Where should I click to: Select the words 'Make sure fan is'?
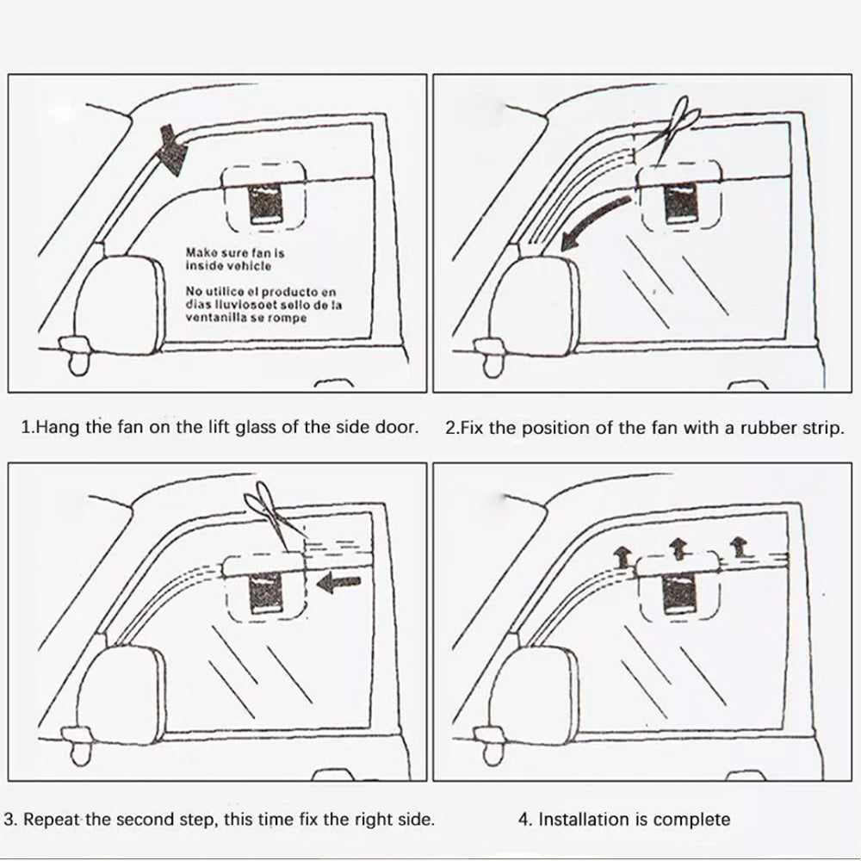(235, 253)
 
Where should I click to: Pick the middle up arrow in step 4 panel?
(678, 547)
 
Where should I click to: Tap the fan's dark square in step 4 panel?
(679, 594)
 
